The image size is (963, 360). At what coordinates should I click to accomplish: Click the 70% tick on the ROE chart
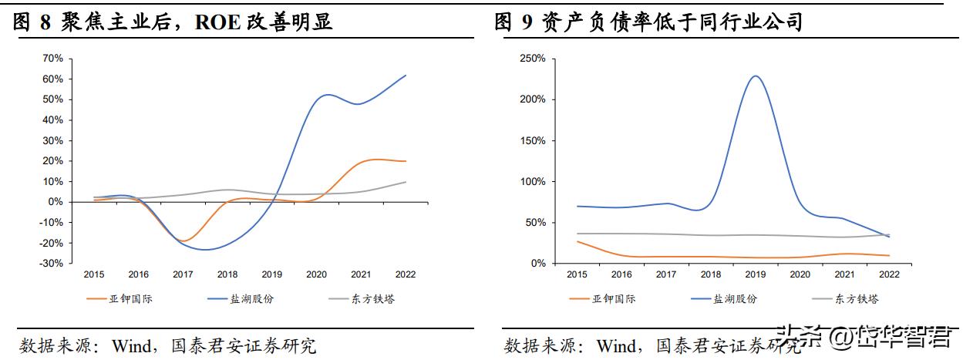coord(52,59)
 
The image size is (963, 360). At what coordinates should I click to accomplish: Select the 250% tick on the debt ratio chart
coord(532,59)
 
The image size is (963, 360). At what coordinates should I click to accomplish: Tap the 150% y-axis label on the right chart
coord(532,141)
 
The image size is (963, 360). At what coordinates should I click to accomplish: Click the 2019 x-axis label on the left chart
coord(272,274)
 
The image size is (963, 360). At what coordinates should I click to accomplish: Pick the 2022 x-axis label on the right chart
coord(889,274)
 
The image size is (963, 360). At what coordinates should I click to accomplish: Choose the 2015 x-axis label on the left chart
coord(94,274)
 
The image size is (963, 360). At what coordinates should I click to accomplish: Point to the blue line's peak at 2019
coord(756,76)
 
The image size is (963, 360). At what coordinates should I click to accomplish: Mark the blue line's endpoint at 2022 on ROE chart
coord(406,76)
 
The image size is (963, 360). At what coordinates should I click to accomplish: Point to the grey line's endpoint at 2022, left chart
coord(406,182)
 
